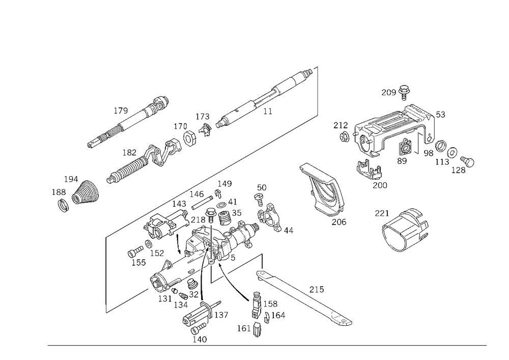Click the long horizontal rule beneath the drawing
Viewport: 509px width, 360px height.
pos(265,345)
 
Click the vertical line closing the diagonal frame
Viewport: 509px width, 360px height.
pos(319,92)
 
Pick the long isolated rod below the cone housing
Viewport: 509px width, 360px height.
pos(305,298)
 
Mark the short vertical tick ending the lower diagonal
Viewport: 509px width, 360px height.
pos(105,309)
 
